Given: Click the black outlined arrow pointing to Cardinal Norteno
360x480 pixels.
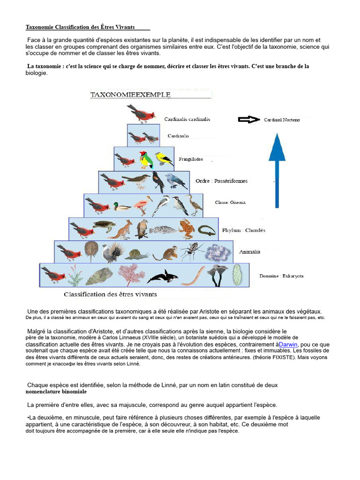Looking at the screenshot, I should tap(249, 120).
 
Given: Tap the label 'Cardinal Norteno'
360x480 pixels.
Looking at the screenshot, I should tap(282, 120).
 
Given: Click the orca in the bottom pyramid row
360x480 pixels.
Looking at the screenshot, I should tap(162, 277).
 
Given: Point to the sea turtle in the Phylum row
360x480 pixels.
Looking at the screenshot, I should tap(104, 225).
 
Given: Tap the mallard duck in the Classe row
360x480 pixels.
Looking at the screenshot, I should tap(121, 206).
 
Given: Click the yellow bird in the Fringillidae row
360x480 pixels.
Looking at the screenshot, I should tap(164, 159).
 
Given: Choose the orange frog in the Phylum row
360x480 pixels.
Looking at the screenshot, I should tap(186, 229).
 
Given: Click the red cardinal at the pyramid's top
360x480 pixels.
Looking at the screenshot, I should tap(141, 113).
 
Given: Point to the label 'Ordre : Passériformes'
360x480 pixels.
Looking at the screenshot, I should tap(221, 181).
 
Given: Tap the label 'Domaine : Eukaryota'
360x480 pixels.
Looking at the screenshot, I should tap(281, 276).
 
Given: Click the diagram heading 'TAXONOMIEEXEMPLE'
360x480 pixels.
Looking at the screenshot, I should tap(130, 95).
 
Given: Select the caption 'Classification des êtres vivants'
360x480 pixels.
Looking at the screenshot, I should tap(110, 294).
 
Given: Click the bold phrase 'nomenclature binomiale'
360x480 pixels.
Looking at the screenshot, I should tap(56, 391).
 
